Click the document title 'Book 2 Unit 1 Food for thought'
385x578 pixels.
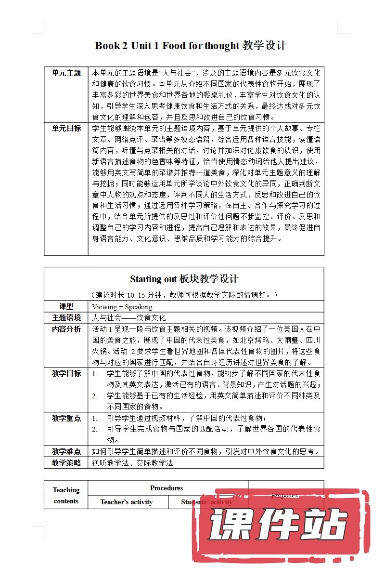pos(191,46)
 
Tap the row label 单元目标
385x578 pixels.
pos(66,128)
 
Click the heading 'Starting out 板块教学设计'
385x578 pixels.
pos(184,279)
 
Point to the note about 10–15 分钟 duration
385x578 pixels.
pos(184,294)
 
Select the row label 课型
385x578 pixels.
pos(66,306)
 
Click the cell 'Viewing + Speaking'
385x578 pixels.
pos(122,307)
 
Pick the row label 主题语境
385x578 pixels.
pos(66,318)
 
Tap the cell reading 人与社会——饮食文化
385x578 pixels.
pos(129,318)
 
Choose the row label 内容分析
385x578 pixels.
pos(66,329)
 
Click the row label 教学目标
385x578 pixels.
pos(66,373)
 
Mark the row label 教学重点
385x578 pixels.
pos(66,418)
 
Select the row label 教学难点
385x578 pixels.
pos(66,451)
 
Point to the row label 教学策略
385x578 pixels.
pos(66,463)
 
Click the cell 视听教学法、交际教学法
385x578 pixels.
pos(132,463)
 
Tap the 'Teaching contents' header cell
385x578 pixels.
pos(66,495)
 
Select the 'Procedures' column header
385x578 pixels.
pos(167,488)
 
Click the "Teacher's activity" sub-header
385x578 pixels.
pos(127,502)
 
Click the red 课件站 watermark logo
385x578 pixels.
pos(277,525)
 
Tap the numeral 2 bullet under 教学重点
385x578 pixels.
pos(95,429)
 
